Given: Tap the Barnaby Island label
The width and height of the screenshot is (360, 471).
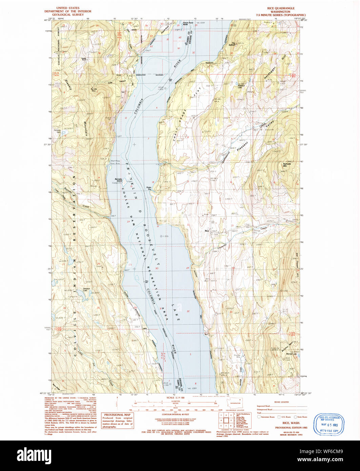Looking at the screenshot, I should tap(118, 179).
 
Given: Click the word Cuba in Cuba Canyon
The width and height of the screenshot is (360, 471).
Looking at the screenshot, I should tap(109, 81).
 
